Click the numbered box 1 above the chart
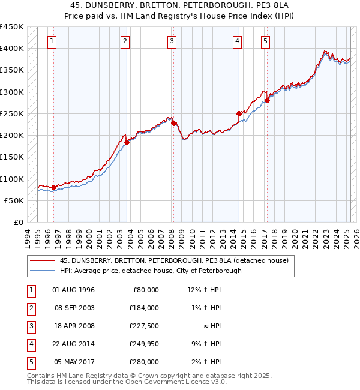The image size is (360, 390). point(53,41)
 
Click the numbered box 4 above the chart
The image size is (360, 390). point(238,41)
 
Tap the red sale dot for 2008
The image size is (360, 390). point(173,124)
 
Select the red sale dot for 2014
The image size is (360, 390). point(239,113)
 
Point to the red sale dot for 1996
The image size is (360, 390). point(53,187)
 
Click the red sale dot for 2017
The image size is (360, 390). point(267,101)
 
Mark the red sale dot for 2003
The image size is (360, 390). point(127,142)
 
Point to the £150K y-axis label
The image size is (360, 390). point(13,157)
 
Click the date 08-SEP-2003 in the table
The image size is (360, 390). point(74,308)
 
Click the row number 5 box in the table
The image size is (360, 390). point(31,362)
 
